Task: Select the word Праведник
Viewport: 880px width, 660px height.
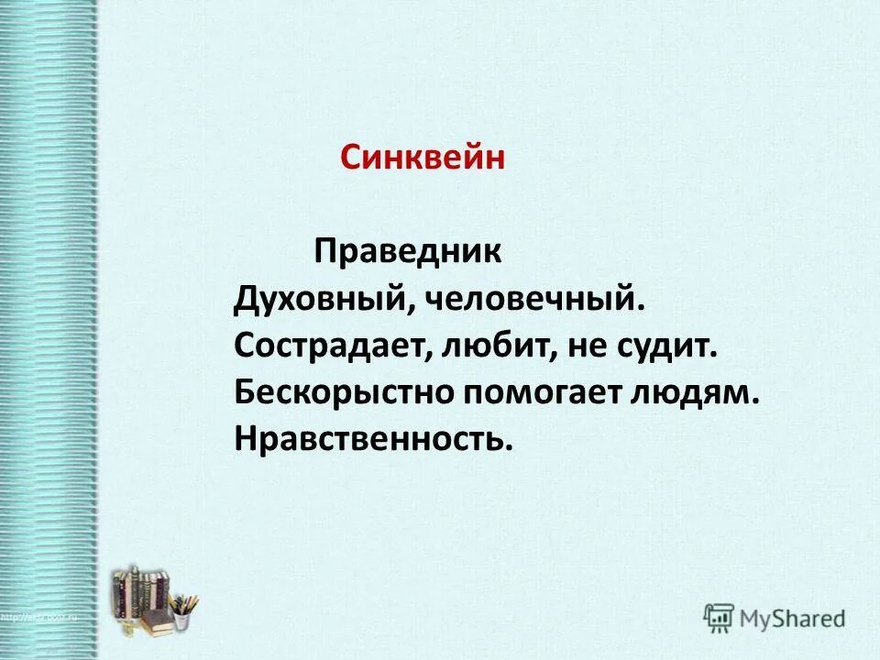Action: tap(408, 252)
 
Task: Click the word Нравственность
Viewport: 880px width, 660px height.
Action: tap(369, 440)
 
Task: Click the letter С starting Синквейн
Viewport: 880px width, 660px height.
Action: tap(376, 158)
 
